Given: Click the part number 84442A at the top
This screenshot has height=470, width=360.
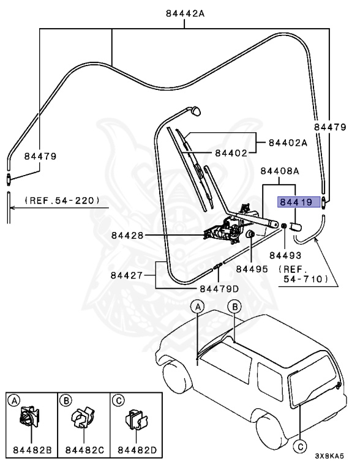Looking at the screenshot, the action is point(185,13).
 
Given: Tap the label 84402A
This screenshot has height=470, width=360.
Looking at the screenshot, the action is point(288,143).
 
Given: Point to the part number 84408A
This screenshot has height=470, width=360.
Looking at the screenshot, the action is point(280,171).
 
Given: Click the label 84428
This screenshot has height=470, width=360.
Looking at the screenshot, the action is point(127,235).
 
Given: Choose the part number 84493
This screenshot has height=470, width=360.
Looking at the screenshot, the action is point(285,255).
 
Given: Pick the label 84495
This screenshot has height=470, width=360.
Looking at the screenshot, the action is point(252,269).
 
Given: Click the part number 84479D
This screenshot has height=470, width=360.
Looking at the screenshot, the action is point(219,289).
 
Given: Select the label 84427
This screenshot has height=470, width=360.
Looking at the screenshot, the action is point(127,275).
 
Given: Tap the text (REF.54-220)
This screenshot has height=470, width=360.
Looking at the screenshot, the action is point(62,200).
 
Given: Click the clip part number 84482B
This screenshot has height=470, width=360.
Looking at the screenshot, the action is point(32,450).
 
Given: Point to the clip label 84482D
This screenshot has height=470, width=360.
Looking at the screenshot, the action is point(137,450).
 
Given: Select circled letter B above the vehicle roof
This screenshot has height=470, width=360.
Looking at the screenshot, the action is point(234,307).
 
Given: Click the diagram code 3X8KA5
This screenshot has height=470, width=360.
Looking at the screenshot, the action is point(329,456).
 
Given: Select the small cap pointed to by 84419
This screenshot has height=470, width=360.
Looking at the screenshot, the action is point(295,226).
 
